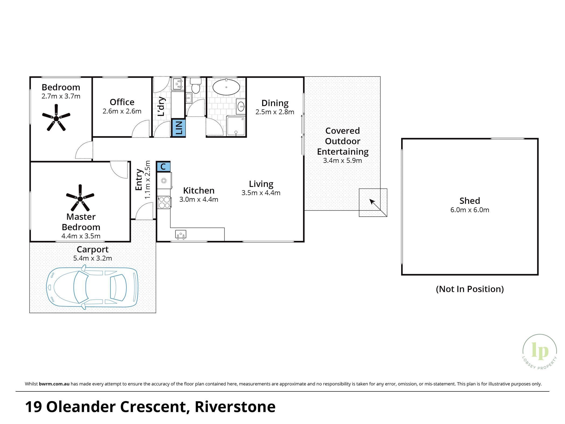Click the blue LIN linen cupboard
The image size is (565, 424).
point(178,128)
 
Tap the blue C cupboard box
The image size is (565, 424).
point(163,167)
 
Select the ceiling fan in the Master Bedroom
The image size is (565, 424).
point(80,198)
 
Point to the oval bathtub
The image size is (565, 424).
point(226,87)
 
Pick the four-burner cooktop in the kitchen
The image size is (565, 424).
point(164,202)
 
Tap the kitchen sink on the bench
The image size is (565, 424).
point(181,234)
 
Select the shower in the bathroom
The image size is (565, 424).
point(236,126)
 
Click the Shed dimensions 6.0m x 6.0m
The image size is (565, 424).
point(470,210)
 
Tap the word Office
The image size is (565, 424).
point(122,102)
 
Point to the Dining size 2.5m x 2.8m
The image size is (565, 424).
point(275,112)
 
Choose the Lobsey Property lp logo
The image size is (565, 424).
point(540,352)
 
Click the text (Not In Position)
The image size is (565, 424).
point(470,289)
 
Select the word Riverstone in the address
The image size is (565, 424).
point(235,407)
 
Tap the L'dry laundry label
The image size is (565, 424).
point(161,106)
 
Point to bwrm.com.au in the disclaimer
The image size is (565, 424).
point(54,384)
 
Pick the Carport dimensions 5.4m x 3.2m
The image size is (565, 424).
point(93,258)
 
